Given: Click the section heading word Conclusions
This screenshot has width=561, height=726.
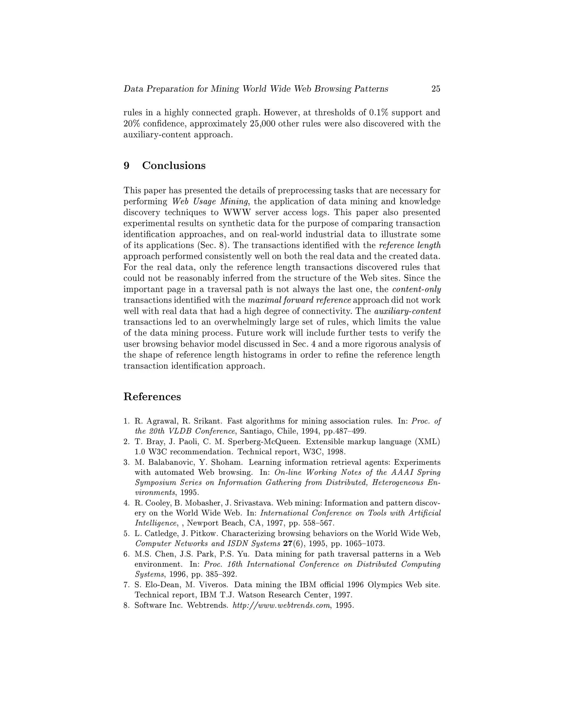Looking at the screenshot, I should click(x=174, y=165).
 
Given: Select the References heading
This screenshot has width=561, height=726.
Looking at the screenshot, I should click(x=152, y=397).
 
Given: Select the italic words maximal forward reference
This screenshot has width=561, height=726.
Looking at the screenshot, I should click(x=299, y=300).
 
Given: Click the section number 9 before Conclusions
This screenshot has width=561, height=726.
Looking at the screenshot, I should click(x=126, y=165).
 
